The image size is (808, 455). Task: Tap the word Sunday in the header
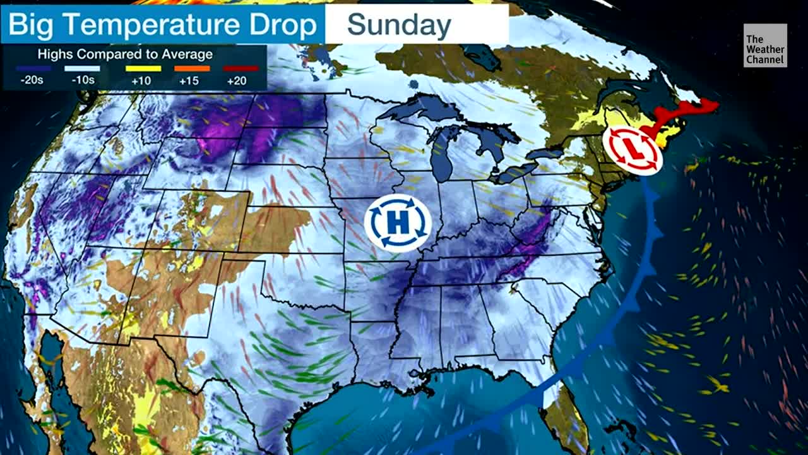(x=399, y=25)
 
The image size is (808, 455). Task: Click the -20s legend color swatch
(x=33, y=68)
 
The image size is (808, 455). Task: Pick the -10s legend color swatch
(x=82, y=68)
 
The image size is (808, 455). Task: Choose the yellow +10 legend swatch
(x=143, y=68)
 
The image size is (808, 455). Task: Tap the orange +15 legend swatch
(x=192, y=68)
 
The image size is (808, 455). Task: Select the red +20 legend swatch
(x=241, y=68)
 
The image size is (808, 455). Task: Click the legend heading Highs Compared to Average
(x=125, y=54)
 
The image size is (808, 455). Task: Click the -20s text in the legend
(x=33, y=80)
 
